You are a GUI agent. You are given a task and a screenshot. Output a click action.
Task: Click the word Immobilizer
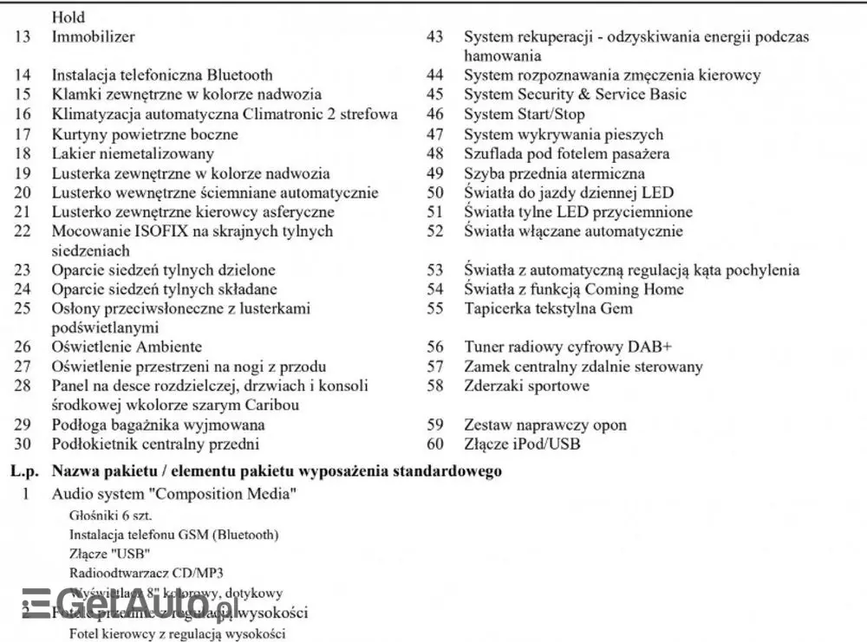pyautogui.click(x=94, y=37)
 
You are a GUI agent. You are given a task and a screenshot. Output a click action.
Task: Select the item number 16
pyautogui.click(x=23, y=114)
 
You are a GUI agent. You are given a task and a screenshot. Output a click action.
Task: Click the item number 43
pyautogui.click(x=435, y=37)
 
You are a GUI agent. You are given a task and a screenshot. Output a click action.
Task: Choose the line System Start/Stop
pyautogui.click(x=524, y=114)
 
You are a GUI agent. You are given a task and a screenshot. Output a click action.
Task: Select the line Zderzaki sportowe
pyautogui.click(x=526, y=386)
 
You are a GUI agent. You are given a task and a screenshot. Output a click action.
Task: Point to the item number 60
pyautogui.click(x=435, y=444)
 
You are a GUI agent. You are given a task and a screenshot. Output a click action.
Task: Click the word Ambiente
pyautogui.click(x=164, y=347)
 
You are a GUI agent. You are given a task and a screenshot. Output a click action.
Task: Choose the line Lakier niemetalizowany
pyautogui.click(x=133, y=153)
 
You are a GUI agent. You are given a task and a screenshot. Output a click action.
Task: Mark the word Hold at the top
pyautogui.click(x=69, y=16)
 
